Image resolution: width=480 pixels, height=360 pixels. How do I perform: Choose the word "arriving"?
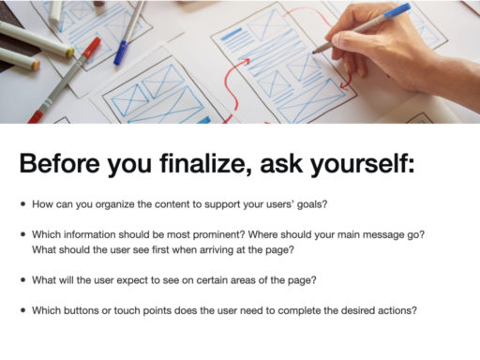[x=201, y=249]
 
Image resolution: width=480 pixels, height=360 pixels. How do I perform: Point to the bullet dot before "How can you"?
[x=22, y=203]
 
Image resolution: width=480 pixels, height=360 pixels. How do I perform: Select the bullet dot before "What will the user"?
[x=22, y=280]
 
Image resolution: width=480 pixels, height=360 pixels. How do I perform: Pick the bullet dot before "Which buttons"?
[x=22, y=311]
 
